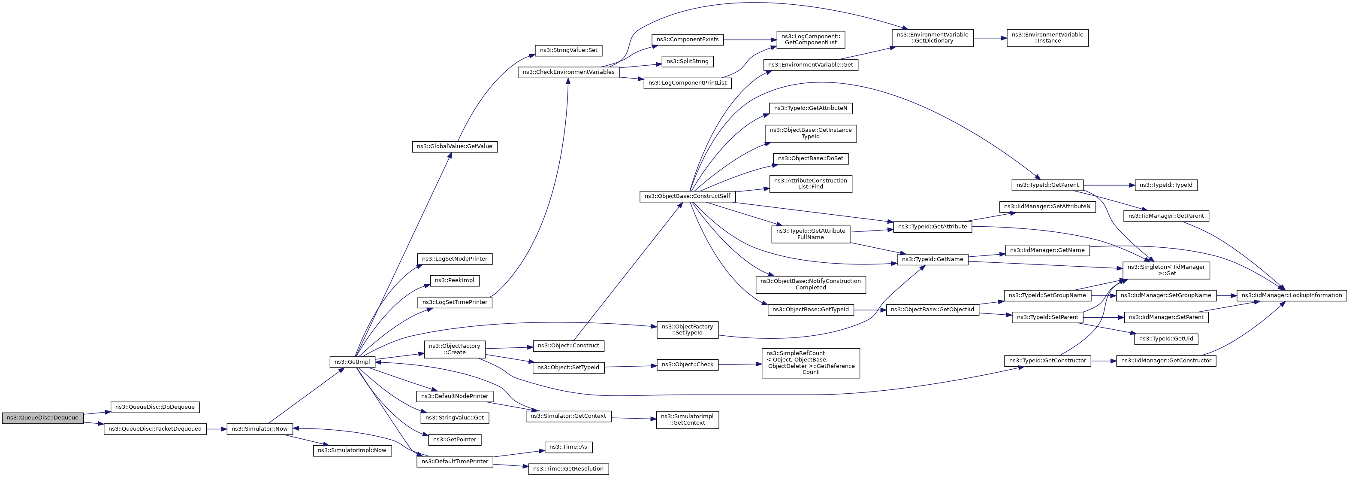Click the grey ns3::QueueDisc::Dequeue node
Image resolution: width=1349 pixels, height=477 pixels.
click(x=42, y=418)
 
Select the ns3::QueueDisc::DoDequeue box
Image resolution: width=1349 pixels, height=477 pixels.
click(x=154, y=407)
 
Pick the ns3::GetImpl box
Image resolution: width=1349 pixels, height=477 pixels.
click(x=352, y=362)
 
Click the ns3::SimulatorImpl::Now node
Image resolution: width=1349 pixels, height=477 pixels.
click(x=352, y=450)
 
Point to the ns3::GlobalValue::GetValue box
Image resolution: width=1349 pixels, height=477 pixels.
click(x=454, y=146)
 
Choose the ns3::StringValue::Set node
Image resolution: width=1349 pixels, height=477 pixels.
click(x=568, y=50)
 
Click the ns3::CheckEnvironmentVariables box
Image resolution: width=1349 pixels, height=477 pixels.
click(x=568, y=72)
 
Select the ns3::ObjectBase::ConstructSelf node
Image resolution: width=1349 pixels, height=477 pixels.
click(x=687, y=196)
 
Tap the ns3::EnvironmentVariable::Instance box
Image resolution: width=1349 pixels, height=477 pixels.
click(x=1047, y=38)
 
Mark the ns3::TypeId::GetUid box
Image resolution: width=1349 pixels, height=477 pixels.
click(x=1166, y=339)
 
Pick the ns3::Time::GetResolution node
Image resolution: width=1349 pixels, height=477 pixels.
click(x=568, y=468)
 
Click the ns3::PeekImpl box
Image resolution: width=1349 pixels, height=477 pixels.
click(x=454, y=280)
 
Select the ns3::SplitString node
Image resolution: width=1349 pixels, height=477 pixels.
click(x=687, y=61)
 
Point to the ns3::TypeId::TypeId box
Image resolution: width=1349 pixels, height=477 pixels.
click(x=1166, y=185)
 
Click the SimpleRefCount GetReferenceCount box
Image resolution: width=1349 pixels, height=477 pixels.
click(x=810, y=363)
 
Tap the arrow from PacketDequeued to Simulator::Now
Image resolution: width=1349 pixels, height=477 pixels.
click(x=216, y=429)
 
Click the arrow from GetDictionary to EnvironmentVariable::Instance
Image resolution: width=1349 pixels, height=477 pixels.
click(x=990, y=38)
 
